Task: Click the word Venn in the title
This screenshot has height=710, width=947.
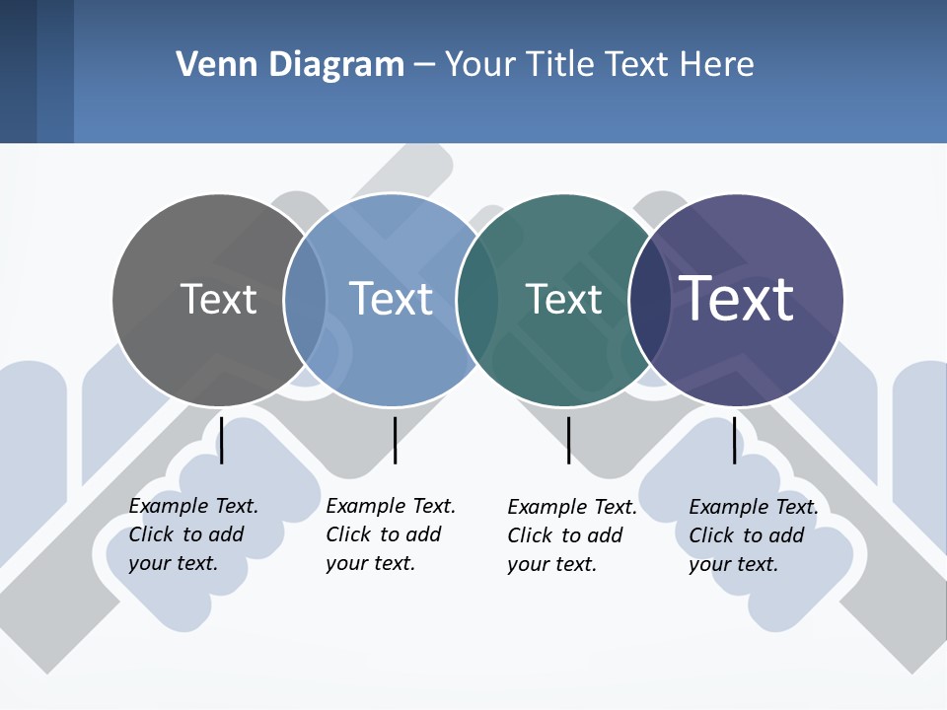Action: pyautogui.click(x=207, y=65)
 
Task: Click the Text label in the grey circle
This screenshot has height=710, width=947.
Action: pyautogui.click(x=218, y=299)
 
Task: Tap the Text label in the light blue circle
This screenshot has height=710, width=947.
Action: pyautogui.click(x=391, y=299)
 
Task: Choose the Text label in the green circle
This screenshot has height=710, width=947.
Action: pyautogui.click(x=563, y=299)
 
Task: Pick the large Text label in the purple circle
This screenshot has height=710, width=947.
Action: pyautogui.click(x=737, y=299)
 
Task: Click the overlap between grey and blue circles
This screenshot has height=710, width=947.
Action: pyautogui.click(x=306, y=299)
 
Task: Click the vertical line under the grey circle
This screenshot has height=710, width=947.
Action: pyautogui.click(x=222, y=440)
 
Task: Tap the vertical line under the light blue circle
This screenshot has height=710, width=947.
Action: pyautogui.click(x=395, y=440)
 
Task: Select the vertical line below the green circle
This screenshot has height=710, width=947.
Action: pyautogui.click(x=568, y=440)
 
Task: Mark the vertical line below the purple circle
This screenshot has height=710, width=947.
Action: pyautogui.click(x=735, y=440)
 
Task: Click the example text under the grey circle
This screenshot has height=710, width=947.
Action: pyautogui.click(x=192, y=534)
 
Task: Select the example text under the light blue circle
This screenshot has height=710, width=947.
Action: pyautogui.click(x=390, y=534)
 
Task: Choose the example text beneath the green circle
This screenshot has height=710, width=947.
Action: pyautogui.click(x=571, y=535)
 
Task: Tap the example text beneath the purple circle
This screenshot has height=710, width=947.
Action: pyautogui.click(x=753, y=535)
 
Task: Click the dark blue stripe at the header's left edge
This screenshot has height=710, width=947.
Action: pyautogui.click(x=18, y=71)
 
